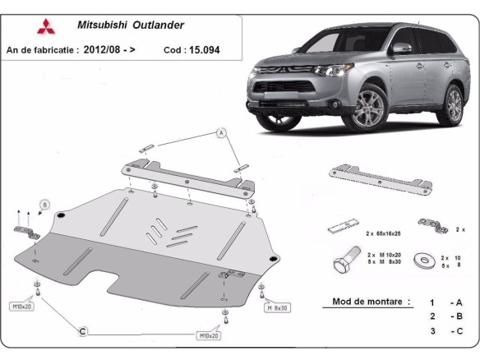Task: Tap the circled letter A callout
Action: (x=221, y=132)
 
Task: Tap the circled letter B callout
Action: (x=45, y=204)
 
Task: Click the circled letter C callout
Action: (x=82, y=330)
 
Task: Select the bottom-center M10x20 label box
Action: (x=210, y=335)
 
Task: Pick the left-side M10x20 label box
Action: (x=22, y=307)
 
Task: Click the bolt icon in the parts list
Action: (x=343, y=261)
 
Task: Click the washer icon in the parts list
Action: (x=425, y=261)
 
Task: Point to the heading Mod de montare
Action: (x=370, y=302)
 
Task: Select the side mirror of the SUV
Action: (x=400, y=48)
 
